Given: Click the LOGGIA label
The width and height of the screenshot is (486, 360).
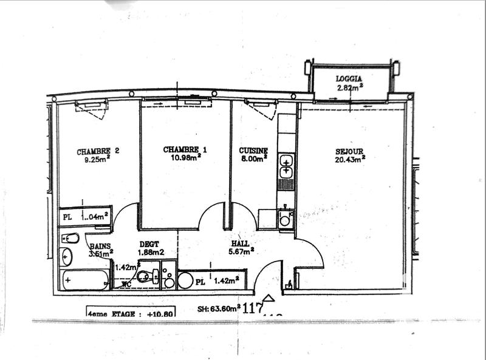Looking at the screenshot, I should pos(349,78).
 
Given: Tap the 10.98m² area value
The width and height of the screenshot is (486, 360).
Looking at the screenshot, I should pos(186,158).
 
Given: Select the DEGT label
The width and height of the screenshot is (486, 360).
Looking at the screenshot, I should pos(148,244).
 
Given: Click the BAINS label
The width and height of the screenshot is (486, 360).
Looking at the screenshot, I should pos(99,246).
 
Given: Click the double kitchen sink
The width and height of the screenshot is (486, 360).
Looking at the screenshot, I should pos(286,166).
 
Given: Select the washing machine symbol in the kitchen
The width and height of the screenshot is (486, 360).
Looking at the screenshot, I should pos(286,219).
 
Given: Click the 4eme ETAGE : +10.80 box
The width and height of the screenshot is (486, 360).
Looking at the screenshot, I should pos(131,314).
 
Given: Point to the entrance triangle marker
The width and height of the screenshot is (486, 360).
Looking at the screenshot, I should pos(270,298).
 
